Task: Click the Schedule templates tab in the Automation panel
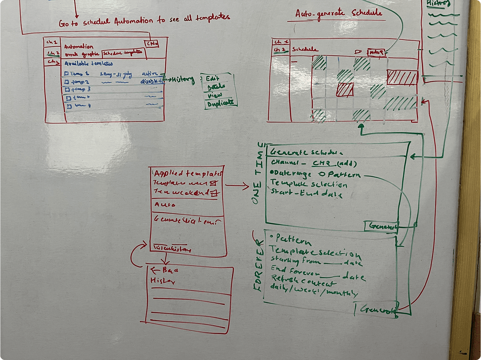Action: point(123,53)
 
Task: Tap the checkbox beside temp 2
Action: point(67,82)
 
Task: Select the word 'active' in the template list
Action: point(150,74)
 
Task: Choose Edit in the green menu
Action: point(212,79)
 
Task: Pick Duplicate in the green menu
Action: point(220,104)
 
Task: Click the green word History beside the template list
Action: point(183,80)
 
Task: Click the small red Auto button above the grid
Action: point(376,52)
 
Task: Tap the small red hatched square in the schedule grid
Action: point(345,90)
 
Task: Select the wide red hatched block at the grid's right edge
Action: point(402,78)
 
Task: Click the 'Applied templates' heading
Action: point(188,173)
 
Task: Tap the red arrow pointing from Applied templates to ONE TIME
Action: point(237,186)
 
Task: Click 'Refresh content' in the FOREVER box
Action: point(303,280)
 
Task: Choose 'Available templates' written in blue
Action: point(89,64)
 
